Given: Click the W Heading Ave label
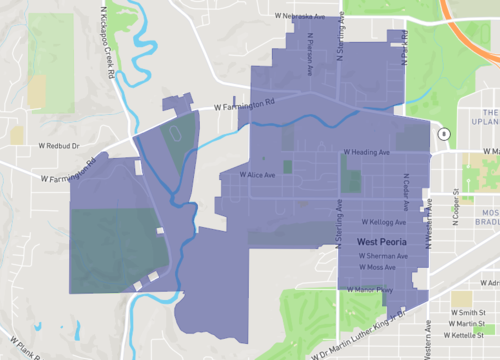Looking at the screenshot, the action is (366, 152).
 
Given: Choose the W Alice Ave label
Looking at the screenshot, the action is (257, 174).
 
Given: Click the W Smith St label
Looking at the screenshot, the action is (467, 313).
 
